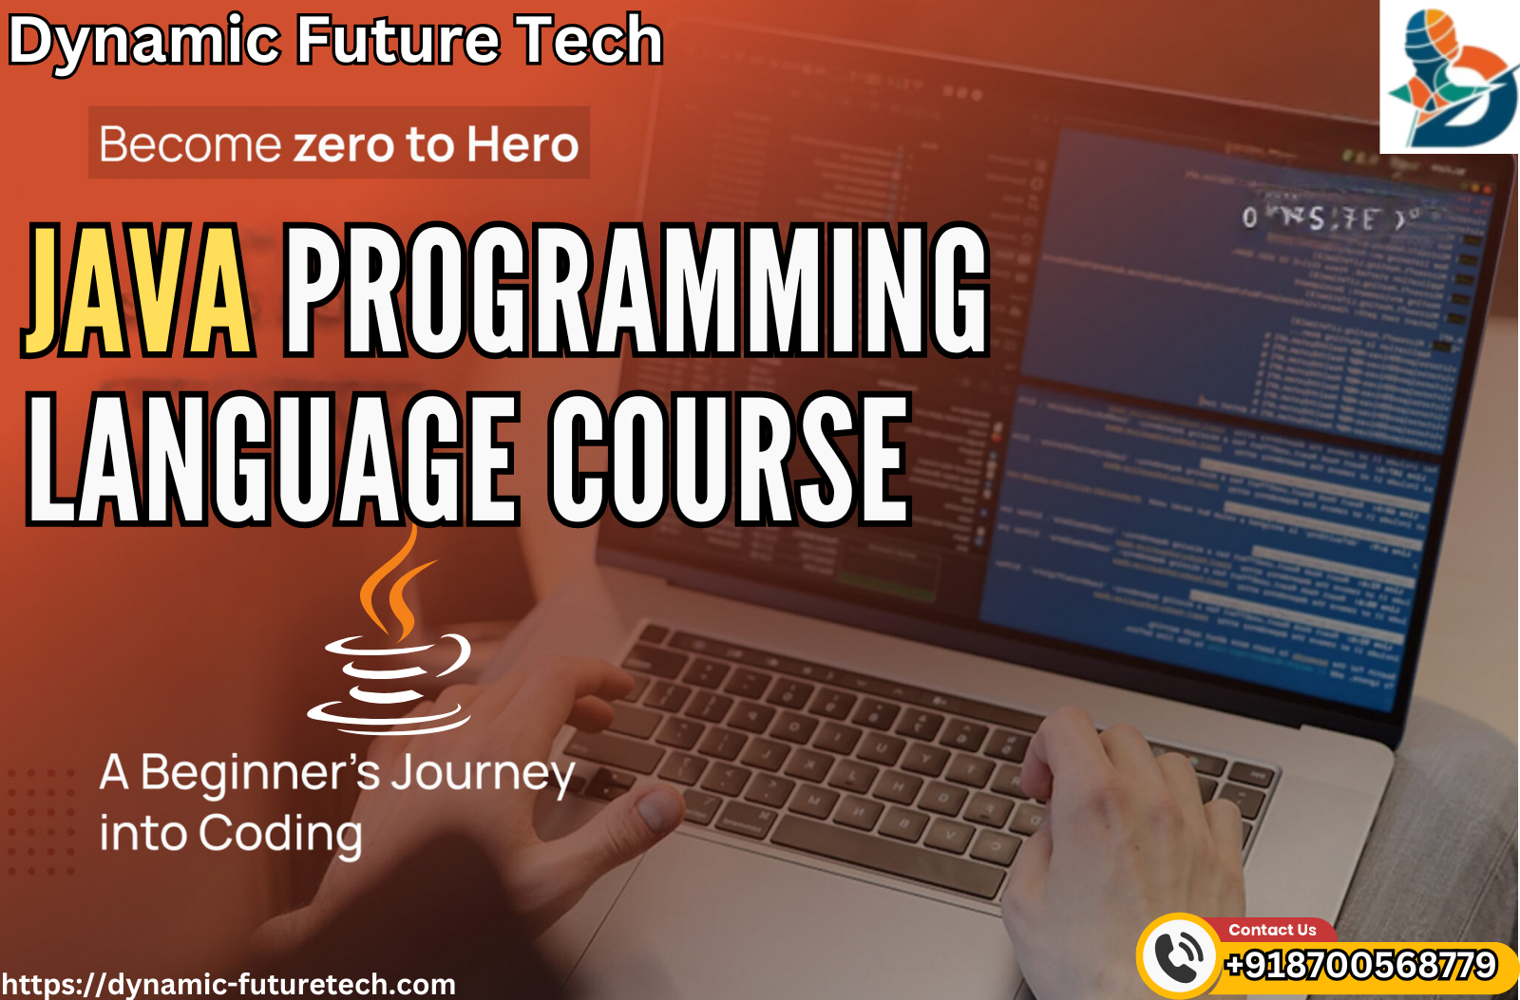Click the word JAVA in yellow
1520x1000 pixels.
[x=138, y=291]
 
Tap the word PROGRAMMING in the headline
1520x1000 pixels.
[x=636, y=291]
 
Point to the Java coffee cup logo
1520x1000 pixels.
[x=390, y=636]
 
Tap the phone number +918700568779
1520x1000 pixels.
[x=1361, y=965]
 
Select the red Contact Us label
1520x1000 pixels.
[x=1272, y=930]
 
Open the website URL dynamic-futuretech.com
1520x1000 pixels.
[x=228, y=984]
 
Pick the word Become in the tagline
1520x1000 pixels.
[x=190, y=145]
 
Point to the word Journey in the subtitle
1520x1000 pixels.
[x=483, y=774]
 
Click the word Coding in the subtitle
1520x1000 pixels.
[x=280, y=835]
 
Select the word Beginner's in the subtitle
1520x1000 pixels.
[x=260, y=774]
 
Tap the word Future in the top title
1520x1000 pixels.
[x=398, y=40]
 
